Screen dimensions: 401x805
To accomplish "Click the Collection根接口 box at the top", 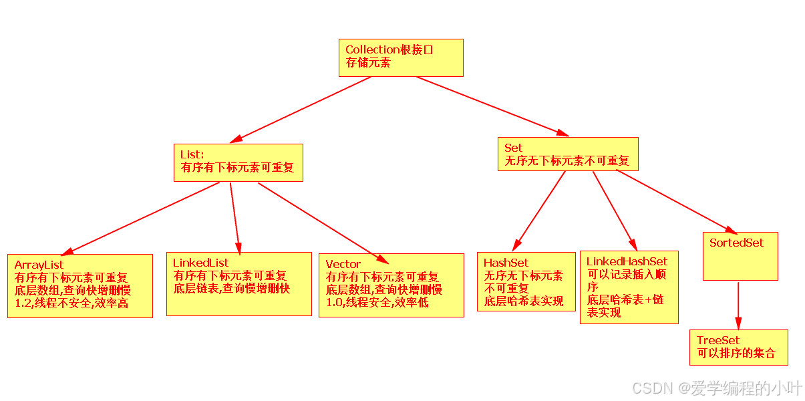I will pos(401,57).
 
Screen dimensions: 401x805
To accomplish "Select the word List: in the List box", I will pos(192,155).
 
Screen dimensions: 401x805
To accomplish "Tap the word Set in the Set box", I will pos(514,148).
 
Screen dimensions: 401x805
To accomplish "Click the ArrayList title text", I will pos(39,265).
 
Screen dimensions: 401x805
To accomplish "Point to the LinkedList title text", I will pos(200,263).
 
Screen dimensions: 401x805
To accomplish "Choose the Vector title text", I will pos(343,264).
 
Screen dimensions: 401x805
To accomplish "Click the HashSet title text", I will pos(506,263).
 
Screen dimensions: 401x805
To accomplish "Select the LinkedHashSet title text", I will pos(627,261).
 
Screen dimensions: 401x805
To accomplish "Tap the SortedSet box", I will pos(740,256).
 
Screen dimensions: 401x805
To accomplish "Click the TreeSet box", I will pos(738,347).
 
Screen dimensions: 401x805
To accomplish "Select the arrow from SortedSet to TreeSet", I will pos(738,304).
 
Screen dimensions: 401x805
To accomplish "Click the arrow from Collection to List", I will pos(301,110).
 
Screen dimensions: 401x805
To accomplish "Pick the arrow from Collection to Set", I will pos(491,106).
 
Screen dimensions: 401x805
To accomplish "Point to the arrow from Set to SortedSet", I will pos(675,200).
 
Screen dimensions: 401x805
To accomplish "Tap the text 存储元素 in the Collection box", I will pos(368,63).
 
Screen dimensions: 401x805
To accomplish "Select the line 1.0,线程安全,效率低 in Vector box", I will pos(377,302).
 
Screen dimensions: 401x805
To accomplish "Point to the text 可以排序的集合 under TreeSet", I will pos(736,354).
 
